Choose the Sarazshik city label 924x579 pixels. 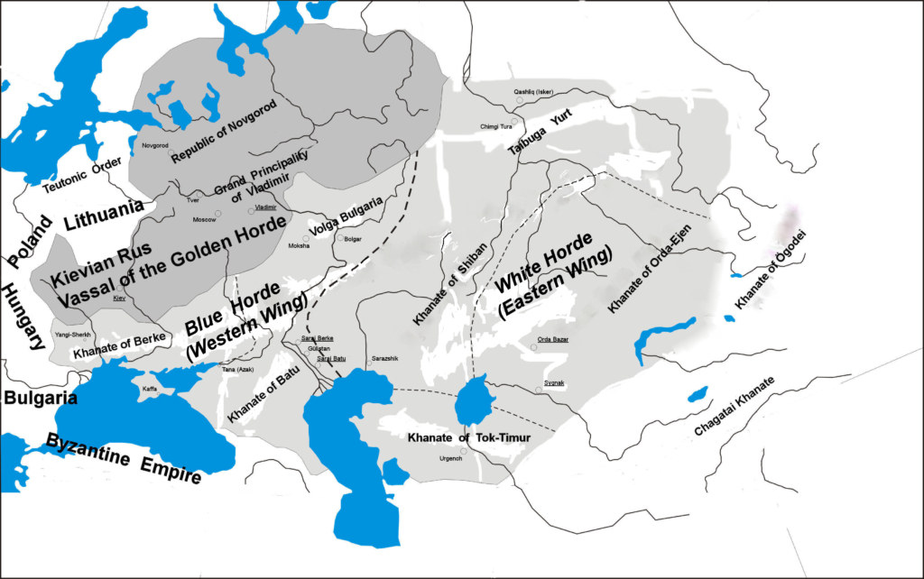pos(383,359)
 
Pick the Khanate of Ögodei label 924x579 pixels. pos(764,270)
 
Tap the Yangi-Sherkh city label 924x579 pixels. pos(72,334)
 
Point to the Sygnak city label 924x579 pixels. pos(554,383)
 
